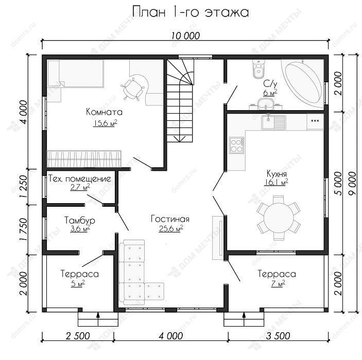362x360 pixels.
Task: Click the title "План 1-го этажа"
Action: click(x=191, y=12)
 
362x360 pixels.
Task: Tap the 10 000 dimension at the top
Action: click(x=185, y=36)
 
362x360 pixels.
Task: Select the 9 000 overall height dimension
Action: click(x=352, y=184)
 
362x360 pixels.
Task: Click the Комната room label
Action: click(x=104, y=112)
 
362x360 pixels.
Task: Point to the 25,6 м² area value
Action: click(x=171, y=228)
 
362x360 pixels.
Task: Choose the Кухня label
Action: click(x=277, y=173)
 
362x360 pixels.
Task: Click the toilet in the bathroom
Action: click(x=258, y=69)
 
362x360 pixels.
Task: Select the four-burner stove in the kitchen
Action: click(x=236, y=146)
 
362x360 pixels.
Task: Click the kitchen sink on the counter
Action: click(x=273, y=122)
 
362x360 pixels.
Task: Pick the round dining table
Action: click(x=279, y=218)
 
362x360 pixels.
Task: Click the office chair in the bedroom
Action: click(x=133, y=89)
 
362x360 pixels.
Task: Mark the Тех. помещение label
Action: click(x=80, y=179)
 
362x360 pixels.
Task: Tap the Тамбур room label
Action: click(x=80, y=220)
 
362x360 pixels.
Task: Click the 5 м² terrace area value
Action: click(x=78, y=283)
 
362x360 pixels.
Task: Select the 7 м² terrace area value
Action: click(x=278, y=283)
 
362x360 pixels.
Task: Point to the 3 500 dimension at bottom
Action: click(x=278, y=336)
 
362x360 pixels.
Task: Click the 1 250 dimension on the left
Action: click(x=24, y=187)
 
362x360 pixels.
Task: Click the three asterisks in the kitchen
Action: click(x=315, y=121)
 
